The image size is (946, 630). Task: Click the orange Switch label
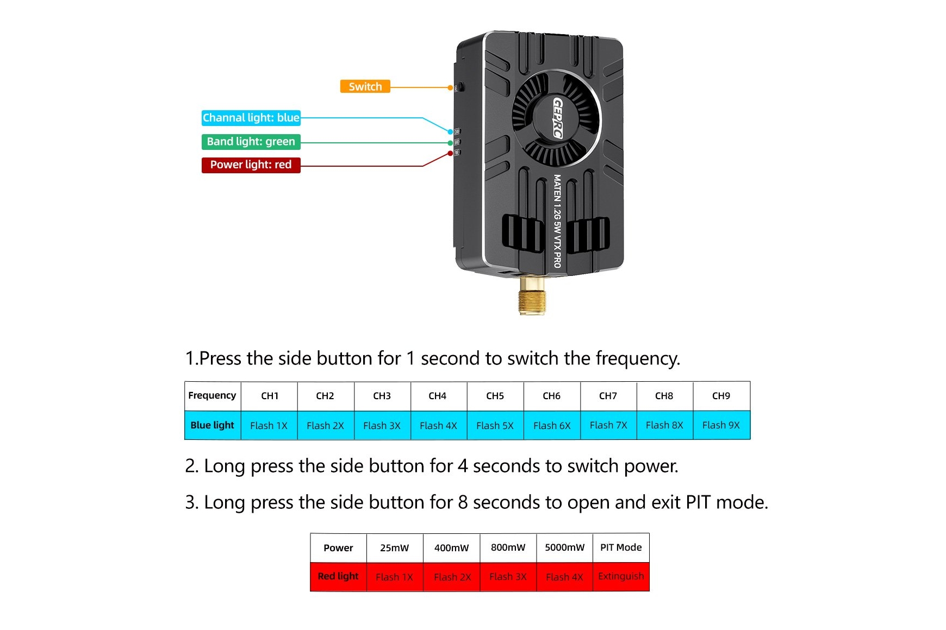(x=365, y=86)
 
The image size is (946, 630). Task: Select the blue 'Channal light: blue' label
(x=251, y=118)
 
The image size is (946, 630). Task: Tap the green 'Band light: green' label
(x=251, y=142)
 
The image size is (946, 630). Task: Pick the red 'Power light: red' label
(x=251, y=165)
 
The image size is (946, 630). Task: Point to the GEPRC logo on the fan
(x=558, y=118)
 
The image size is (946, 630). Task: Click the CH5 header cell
(x=495, y=396)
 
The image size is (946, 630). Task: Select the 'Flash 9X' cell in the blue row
(x=721, y=425)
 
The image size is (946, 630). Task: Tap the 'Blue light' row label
(x=212, y=425)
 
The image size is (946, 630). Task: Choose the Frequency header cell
(x=212, y=395)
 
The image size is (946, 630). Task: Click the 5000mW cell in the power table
(x=564, y=547)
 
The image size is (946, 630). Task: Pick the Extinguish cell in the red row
(x=621, y=576)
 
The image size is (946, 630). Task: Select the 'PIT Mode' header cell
(x=621, y=547)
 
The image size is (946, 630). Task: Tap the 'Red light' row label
(x=338, y=576)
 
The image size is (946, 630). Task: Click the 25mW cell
(x=394, y=548)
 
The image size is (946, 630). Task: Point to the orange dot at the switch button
(x=450, y=87)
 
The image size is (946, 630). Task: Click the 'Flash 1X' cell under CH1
(x=269, y=426)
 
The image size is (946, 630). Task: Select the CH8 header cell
(x=664, y=396)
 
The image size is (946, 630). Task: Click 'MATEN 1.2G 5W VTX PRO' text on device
(x=557, y=220)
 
